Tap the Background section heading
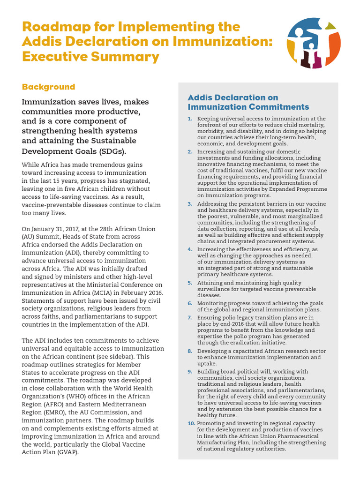[x=48, y=87]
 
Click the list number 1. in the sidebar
[x=190, y=119]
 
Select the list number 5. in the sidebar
[x=190, y=283]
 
